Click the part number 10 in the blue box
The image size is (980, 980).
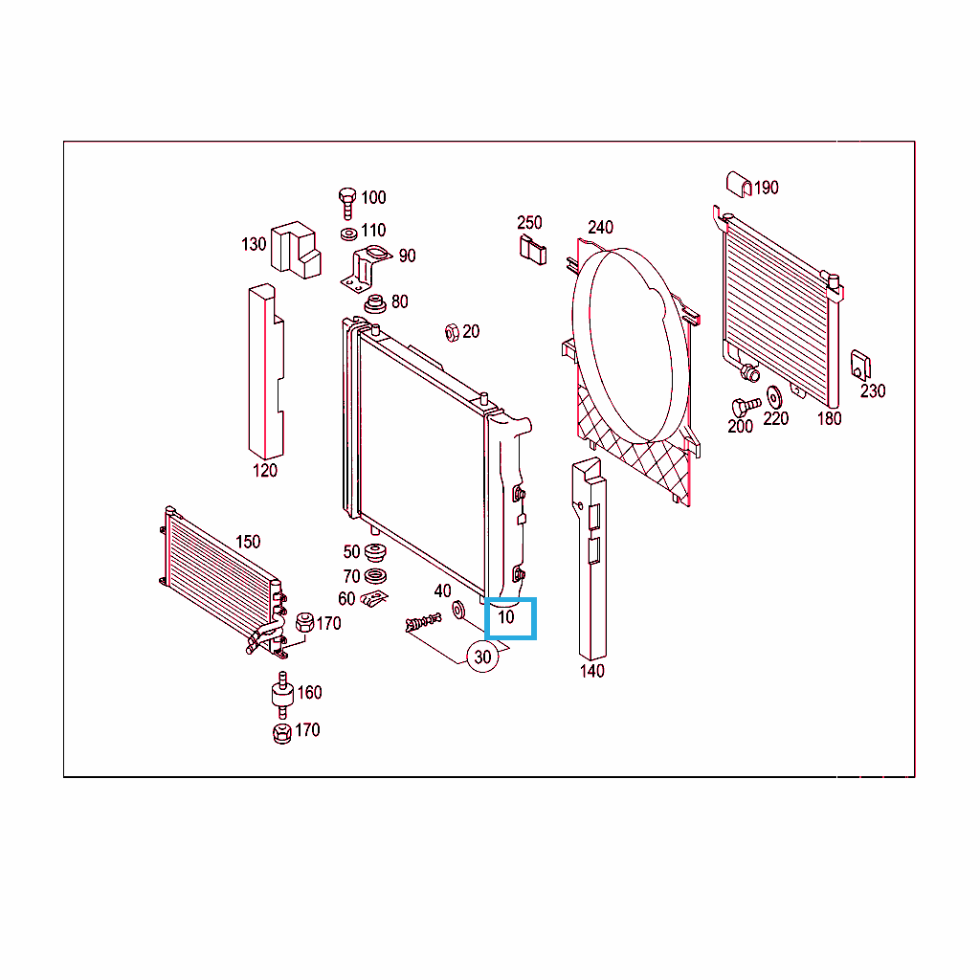[505, 617]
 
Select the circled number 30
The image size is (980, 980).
[482, 657]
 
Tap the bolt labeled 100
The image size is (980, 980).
[346, 203]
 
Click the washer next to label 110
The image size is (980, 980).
[348, 234]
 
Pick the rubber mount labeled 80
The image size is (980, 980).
[375, 304]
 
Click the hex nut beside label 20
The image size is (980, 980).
[452, 332]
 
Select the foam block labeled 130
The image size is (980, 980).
[296, 250]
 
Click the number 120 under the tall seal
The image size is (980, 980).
[264, 471]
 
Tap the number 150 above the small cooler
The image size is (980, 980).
[248, 542]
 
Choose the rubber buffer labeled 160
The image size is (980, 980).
[282, 695]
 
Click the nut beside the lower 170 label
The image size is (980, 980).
[282, 733]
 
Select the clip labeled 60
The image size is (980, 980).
[374, 599]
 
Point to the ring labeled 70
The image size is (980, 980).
[375, 575]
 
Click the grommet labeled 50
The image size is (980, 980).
[375, 553]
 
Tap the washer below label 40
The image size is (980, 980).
[458, 610]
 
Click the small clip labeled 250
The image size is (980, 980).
[532, 250]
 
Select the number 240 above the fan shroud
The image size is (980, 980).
[600, 228]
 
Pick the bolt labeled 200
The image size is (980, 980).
[746, 407]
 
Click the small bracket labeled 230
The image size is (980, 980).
[860, 366]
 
